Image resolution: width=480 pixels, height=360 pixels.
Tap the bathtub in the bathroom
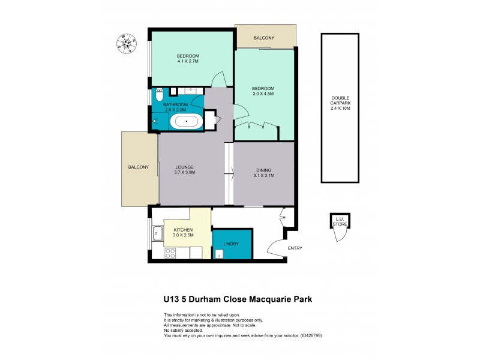(187, 122)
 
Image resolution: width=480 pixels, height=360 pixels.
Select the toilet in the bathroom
(159, 95)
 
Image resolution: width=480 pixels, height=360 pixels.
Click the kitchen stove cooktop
(169, 253)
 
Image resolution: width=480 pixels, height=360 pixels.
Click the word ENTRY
(295, 248)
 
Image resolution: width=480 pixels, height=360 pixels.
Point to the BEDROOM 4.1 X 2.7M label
(188, 59)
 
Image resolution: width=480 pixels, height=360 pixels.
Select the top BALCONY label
(264, 38)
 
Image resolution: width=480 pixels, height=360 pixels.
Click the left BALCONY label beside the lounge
(138, 167)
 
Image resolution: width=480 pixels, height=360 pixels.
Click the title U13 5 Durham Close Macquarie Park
(238, 298)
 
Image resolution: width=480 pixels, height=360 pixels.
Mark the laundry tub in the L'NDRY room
(219, 254)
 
